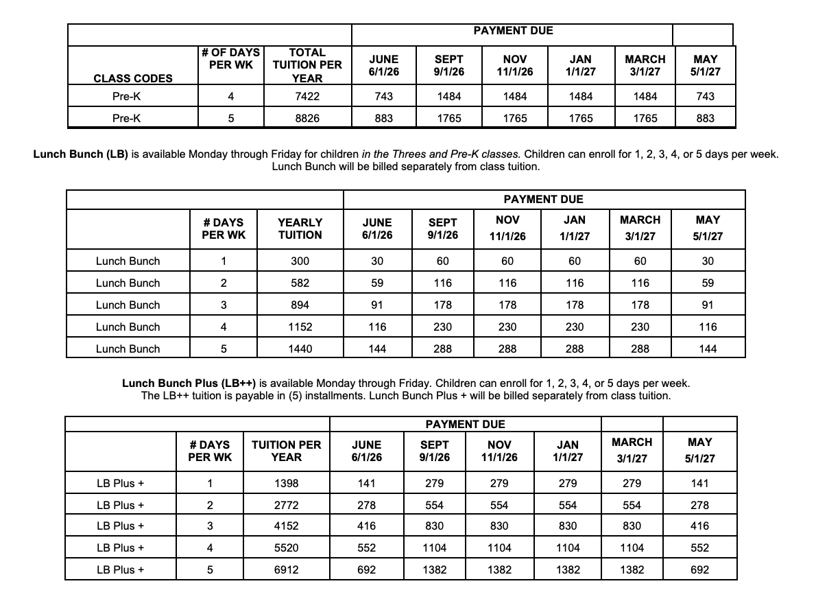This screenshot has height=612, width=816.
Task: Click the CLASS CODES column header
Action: click(133, 78)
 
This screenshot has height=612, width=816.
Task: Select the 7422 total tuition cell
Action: click(307, 97)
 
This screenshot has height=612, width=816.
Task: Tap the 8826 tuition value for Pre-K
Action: click(307, 118)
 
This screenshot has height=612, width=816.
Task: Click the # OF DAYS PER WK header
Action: click(230, 58)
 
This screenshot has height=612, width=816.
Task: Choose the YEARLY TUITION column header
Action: click(300, 228)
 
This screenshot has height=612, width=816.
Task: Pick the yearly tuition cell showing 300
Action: click(300, 261)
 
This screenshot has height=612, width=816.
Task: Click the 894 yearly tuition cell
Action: click(300, 305)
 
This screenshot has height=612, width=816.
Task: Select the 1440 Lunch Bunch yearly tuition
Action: click(300, 349)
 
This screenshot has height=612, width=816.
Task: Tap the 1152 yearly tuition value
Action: click(300, 327)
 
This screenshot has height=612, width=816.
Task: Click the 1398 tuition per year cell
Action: click(286, 484)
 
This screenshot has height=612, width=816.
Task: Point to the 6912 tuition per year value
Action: click(286, 570)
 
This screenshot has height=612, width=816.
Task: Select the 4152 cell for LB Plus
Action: click(286, 526)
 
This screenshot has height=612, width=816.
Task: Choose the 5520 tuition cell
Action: click(286, 548)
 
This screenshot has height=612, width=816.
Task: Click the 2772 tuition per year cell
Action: click(286, 506)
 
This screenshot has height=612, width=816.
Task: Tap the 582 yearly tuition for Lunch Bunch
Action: click(300, 283)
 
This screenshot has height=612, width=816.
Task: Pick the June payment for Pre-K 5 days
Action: click(384, 118)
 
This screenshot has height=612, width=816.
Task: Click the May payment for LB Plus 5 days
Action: click(700, 570)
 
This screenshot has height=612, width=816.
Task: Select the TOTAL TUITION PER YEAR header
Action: click(307, 65)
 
